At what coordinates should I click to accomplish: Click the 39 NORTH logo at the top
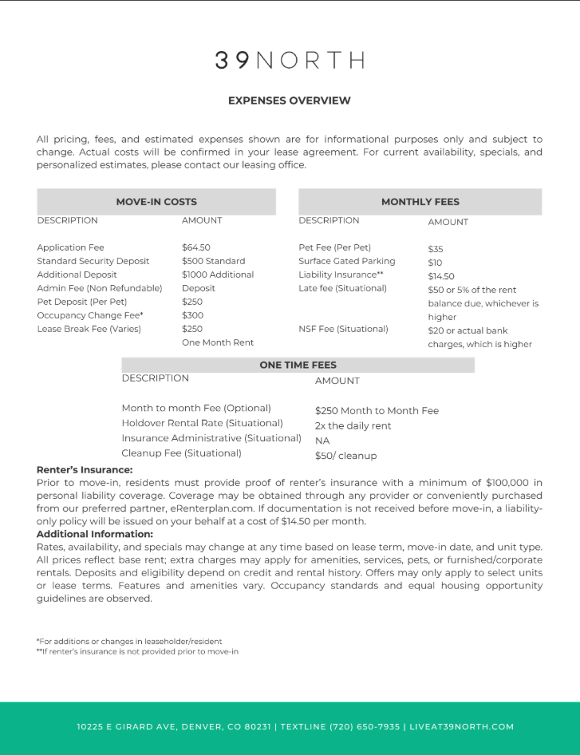pyautogui.click(x=290, y=61)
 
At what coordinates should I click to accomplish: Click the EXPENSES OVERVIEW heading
pyautogui.click(x=290, y=101)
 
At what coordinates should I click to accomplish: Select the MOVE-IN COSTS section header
pyautogui.click(x=156, y=202)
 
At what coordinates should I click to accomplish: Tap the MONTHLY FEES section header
pyautogui.click(x=420, y=202)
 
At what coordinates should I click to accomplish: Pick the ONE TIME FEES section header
pyautogui.click(x=298, y=365)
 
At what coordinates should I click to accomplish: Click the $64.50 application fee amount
pyautogui.click(x=196, y=247)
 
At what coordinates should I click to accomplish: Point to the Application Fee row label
pyautogui.click(x=70, y=247)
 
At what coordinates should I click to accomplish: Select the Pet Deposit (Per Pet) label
pyautogui.click(x=81, y=302)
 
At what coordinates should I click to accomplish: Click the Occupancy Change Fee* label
pyautogui.click(x=90, y=315)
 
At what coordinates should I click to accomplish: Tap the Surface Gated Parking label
pyautogui.click(x=347, y=261)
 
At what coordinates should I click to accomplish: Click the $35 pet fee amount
pyautogui.click(x=436, y=249)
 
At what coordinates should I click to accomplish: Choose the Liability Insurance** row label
pyautogui.click(x=341, y=275)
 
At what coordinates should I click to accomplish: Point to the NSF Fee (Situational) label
pyautogui.click(x=343, y=329)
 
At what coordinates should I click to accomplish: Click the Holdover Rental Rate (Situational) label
pyautogui.click(x=202, y=423)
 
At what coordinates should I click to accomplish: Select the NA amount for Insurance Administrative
pyautogui.click(x=322, y=441)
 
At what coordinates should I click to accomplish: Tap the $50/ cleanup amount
pyautogui.click(x=345, y=456)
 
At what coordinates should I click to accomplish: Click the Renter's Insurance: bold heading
pyautogui.click(x=85, y=470)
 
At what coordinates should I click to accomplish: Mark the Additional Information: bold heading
pyautogui.click(x=94, y=534)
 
